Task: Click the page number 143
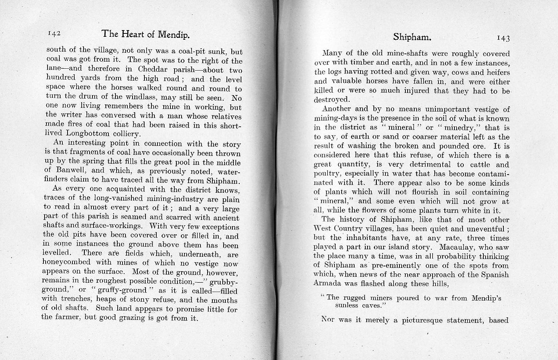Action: coord(503,38)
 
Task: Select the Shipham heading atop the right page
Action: coord(412,37)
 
